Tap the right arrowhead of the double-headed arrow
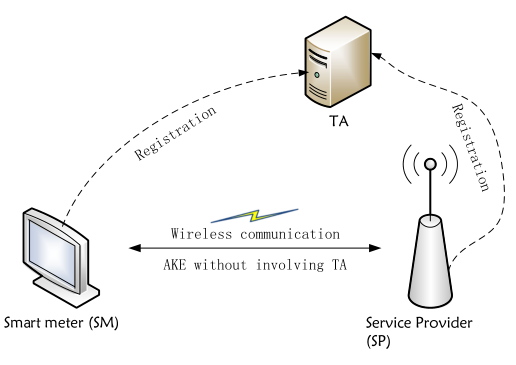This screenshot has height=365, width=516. coord(382,248)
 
